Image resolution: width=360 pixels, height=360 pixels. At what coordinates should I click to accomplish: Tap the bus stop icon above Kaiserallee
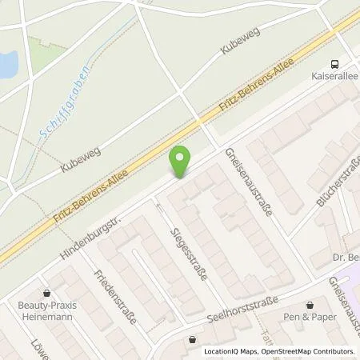point(334,64)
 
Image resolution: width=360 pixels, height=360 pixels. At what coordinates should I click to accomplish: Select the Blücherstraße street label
point(338,181)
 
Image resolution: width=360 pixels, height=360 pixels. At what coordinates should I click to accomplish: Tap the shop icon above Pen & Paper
point(310,305)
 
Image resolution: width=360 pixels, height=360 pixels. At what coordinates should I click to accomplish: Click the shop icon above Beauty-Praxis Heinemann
point(46,293)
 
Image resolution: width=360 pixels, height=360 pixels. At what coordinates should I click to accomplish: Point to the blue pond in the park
point(7,65)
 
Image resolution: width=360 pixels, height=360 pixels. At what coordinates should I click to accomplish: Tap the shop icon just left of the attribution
point(192,339)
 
